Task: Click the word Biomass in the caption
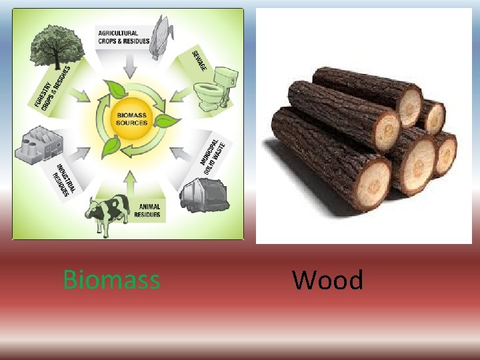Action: pyautogui.click(x=111, y=280)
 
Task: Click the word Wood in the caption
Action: pyautogui.click(x=327, y=280)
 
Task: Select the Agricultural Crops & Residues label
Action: pyautogui.click(x=118, y=37)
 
